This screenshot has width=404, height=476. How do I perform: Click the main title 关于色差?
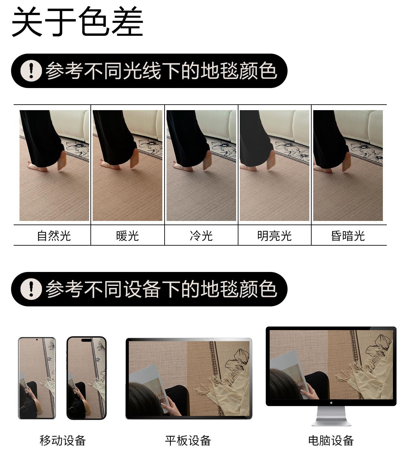click(77, 21)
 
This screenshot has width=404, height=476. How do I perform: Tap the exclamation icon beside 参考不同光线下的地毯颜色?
click(31, 71)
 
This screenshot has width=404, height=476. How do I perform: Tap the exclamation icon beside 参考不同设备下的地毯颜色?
click(31, 289)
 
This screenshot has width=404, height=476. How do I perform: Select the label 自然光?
click(54, 236)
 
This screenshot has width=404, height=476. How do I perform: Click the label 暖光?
click(128, 236)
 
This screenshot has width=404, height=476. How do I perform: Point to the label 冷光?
click(201, 236)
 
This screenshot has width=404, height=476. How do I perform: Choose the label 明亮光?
click(275, 236)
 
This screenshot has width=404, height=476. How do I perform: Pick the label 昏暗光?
click(348, 236)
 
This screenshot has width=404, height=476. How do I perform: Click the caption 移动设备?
click(63, 441)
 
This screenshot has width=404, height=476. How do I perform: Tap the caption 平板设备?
click(188, 441)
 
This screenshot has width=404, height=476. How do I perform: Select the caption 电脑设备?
click(331, 441)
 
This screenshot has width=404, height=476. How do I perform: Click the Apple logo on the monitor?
click(331, 403)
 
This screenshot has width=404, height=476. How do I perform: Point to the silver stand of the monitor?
click(331, 416)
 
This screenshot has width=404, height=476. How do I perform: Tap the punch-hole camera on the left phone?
click(37, 340)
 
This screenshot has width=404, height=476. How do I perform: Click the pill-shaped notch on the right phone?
click(87, 340)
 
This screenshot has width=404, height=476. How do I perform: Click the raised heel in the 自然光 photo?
click(62, 161)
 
